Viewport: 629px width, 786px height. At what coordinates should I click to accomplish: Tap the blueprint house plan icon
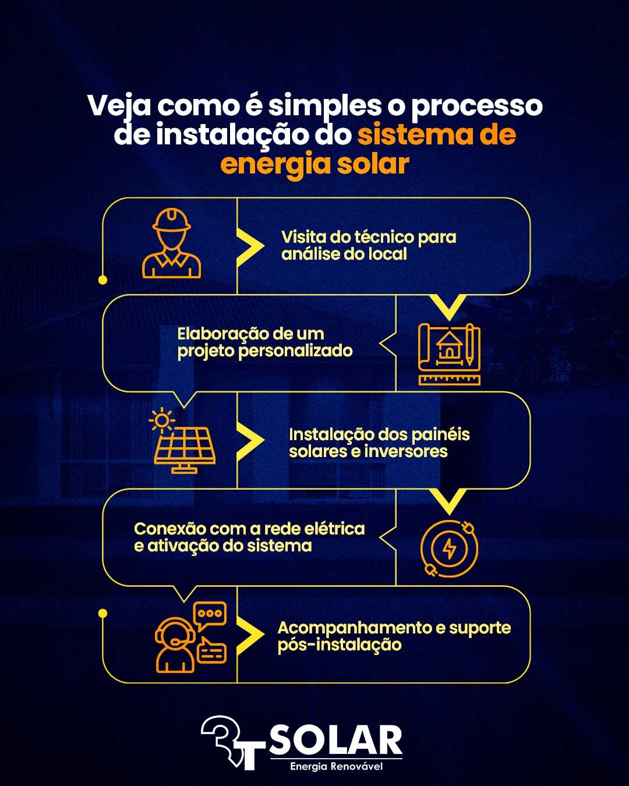pyautogui.click(x=449, y=353)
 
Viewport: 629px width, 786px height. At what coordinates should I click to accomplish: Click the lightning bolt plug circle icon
pyautogui.click(x=449, y=548)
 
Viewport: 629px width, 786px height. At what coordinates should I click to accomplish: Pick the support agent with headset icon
pyautogui.click(x=190, y=637)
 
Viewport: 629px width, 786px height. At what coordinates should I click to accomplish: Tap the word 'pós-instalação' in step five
pyautogui.click(x=339, y=645)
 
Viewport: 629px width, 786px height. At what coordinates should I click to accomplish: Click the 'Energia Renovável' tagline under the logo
pyautogui.click(x=336, y=766)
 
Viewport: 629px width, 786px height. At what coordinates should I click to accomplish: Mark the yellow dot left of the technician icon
pyautogui.click(x=103, y=280)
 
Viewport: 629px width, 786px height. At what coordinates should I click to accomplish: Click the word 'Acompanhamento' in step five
pyautogui.click(x=354, y=628)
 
